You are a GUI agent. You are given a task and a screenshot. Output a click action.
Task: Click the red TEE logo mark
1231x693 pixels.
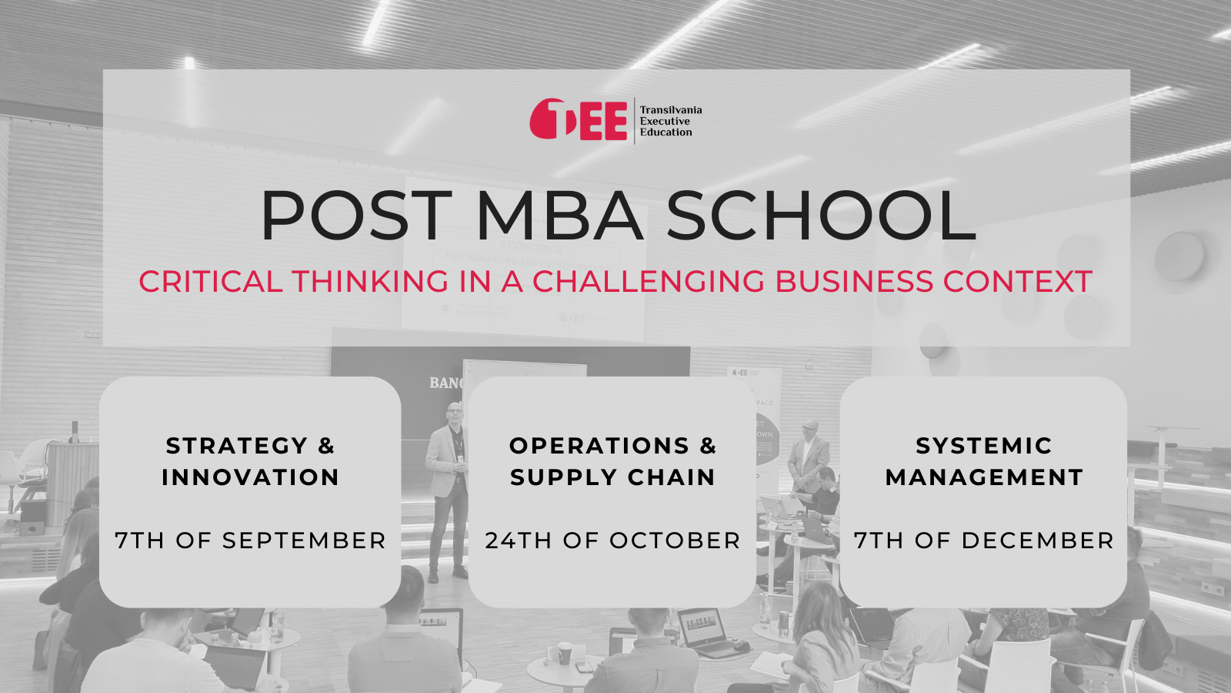click(578, 119)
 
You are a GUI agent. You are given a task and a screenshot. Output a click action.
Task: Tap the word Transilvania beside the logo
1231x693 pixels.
click(670, 110)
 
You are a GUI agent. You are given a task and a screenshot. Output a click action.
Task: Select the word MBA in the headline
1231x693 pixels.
click(560, 216)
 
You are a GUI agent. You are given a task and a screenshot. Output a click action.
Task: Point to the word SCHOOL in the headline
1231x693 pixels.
click(822, 216)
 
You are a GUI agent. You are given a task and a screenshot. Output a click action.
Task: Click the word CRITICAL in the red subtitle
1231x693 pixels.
click(211, 281)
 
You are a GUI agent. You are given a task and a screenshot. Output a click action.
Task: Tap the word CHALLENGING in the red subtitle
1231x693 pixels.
click(649, 281)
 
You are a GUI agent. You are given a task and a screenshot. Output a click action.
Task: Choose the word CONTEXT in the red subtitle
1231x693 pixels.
click(1017, 281)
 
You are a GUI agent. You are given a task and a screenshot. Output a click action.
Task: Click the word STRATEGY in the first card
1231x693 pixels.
click(237, 446)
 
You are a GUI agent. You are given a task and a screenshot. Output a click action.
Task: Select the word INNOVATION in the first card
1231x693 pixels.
click(250, 477)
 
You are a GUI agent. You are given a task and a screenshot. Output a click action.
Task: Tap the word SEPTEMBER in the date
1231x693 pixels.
click(304, 541)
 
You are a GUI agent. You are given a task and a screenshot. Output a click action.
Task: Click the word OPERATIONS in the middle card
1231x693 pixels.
click(599, 446)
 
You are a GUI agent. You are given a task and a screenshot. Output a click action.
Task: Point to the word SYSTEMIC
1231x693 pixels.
click(984, 446)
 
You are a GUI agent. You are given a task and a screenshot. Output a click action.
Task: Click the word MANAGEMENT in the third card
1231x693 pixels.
click(984, 477)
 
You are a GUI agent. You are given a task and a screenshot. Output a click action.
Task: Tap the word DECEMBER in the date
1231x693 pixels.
click(1038, 541)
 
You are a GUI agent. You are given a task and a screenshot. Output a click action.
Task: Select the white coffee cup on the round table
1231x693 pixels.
click(565, 653)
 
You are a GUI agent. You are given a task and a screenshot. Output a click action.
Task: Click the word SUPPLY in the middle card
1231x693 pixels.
click(556, 477)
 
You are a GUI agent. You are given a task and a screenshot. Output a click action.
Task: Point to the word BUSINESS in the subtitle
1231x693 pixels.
click(854, 281)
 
